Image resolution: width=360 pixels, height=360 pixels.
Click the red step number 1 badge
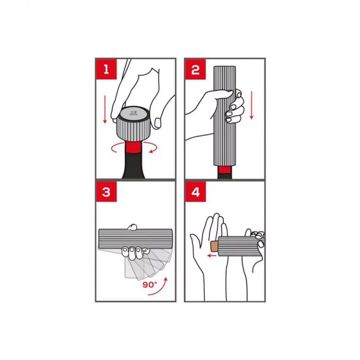(106, 69)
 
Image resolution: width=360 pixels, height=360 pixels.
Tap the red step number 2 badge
(195, 69)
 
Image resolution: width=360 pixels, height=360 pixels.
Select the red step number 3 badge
(106, 191)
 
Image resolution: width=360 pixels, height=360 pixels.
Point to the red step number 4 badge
(195, 191)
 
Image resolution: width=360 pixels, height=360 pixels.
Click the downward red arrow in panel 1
(105, 110)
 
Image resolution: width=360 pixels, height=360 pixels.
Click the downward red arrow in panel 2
(252, 105)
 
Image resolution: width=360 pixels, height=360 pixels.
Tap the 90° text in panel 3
(150, 285)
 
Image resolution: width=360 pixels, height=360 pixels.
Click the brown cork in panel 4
(214, 246)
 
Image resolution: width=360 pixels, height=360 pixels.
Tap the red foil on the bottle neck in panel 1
(134, 147)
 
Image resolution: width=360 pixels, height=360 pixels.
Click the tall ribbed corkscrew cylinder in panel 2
(225, 116)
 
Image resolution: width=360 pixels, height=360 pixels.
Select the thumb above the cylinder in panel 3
(132, 227)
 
